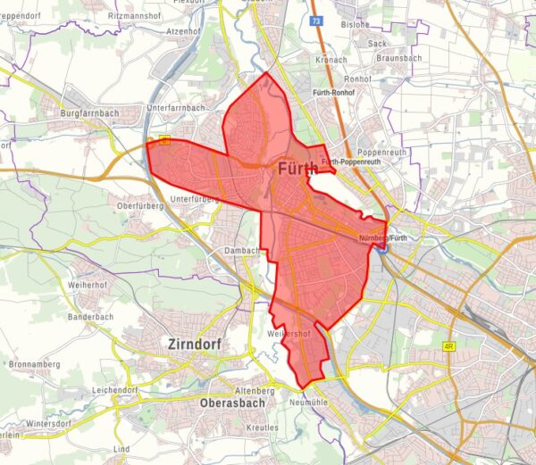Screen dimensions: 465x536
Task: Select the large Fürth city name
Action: [x=297, y=169]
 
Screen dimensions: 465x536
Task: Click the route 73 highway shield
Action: [x=316, y=20]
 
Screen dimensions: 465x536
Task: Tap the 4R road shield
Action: [x=448, y=345]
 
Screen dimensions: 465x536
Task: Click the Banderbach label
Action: [x=90, y=316]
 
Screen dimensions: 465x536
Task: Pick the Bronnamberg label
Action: [x=37, y=365]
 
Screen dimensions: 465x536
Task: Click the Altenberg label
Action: [x=253, y=391]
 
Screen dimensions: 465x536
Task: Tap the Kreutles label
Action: [x=264, y=429]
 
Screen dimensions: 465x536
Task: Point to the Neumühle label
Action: [x=313, y=403]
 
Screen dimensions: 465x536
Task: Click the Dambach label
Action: [x=240, y=250]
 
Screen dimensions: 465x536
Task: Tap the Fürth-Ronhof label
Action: [x=335, y=93]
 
